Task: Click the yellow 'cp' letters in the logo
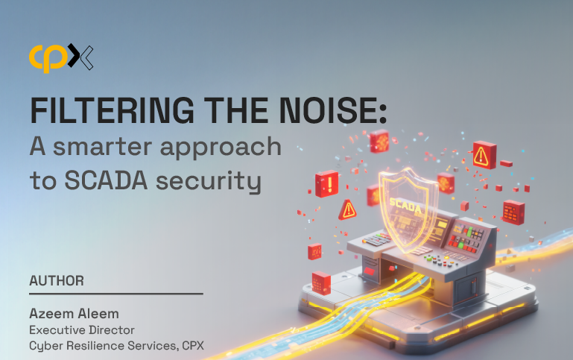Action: point(48,57)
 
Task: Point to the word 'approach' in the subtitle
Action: point(221,149)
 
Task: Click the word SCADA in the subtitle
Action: point(106,180)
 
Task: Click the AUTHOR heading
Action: point(57,281)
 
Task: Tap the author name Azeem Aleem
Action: point(75,314)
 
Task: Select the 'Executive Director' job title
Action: point(82,330)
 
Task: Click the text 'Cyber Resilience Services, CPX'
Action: point(116,346)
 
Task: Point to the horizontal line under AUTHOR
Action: point(116,294)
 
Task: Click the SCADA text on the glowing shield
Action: point(405,206)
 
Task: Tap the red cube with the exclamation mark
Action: point(326,183)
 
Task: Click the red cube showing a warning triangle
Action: point(484,155)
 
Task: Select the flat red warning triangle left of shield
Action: point(347,210)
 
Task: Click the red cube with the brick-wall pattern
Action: point(513,212)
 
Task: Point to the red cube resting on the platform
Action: point(321,283)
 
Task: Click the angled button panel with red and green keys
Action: point(469,237)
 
